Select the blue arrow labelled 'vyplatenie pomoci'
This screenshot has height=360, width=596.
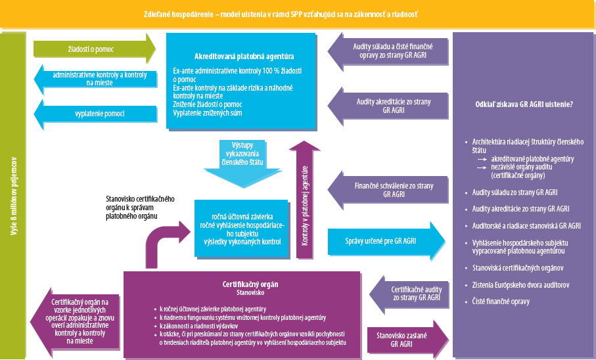99,114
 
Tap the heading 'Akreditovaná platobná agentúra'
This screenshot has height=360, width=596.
244,56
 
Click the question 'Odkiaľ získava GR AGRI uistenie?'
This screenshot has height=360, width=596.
524,104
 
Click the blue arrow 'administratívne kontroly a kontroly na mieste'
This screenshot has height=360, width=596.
99,79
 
